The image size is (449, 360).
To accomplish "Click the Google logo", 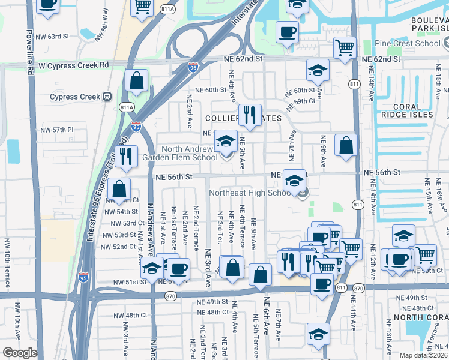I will pyautogui.click(x=20, y=353).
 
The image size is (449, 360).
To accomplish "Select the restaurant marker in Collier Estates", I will pyautogui.click(x=250, y=114).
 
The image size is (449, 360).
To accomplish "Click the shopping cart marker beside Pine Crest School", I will pyautogui.click(x=345, y=47).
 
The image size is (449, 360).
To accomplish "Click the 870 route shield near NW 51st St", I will pyautogui.click(x=170, y=296).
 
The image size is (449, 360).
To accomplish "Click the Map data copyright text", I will pyautogui.click(x=424, y=355).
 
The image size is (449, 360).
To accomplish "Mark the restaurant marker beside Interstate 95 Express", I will pyautogui.click(x=126, y=157).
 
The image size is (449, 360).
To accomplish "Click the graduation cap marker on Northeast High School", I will pyautogui.click(x=294, y=180).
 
